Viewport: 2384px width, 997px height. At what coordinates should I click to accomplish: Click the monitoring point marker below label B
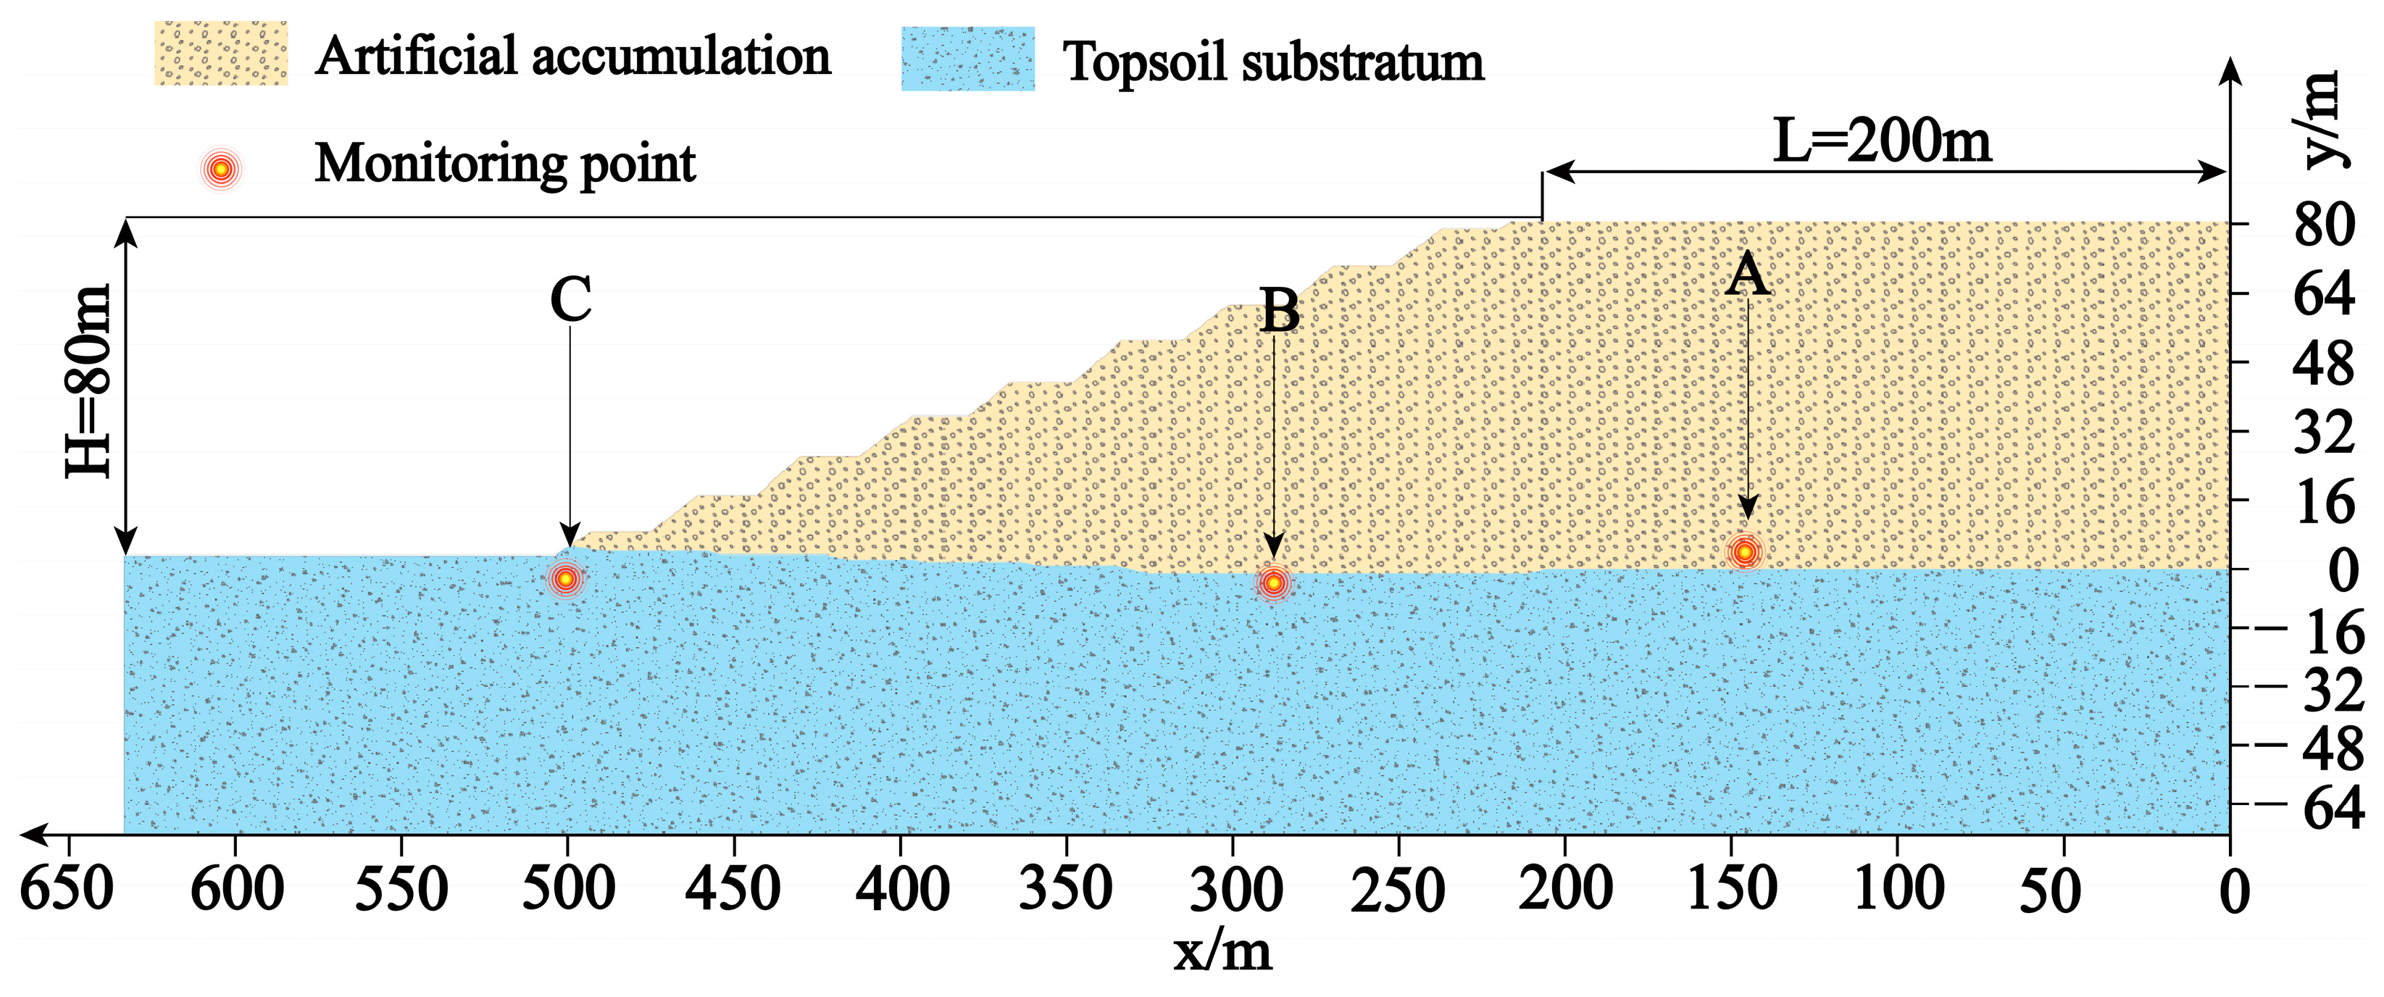(1273, 583)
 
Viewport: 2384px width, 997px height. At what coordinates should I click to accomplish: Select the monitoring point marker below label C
(565, 579)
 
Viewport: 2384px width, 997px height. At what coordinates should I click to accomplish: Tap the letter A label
(1747, 275)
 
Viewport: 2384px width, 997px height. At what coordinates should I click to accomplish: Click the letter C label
(570, 300)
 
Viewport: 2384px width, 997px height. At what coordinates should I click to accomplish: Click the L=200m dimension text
(1881, 141)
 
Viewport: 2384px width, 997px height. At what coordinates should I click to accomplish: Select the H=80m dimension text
(89, 381)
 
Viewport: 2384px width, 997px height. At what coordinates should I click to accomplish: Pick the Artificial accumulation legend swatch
(221, 54)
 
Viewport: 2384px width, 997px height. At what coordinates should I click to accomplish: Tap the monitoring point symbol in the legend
(220, 170)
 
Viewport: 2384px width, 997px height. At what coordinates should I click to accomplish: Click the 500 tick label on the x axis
(568, 890)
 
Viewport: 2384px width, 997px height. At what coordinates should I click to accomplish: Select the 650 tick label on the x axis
(67, 890)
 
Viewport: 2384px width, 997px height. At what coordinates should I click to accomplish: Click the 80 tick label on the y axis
(2323, 225)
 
